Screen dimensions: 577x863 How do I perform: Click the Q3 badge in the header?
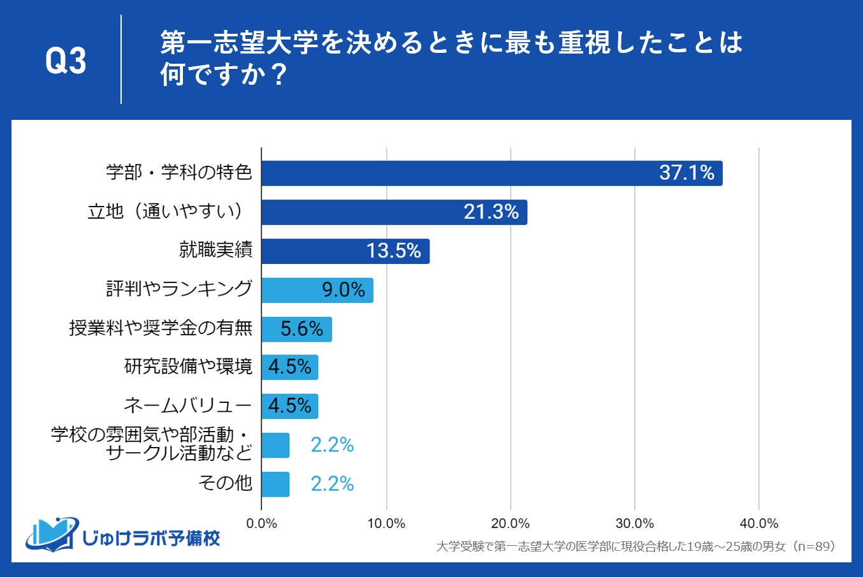(66, 61)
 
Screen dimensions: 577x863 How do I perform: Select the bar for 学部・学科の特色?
(491, 173)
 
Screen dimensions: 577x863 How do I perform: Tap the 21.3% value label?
(491, 212)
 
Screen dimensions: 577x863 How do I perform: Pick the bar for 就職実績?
(345, 251)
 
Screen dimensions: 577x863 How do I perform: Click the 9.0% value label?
(343, 290)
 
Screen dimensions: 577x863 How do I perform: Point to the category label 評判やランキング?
(179, 289)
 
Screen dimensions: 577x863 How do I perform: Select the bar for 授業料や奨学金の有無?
(296, 329)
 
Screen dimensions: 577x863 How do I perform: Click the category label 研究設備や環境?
(188, 367)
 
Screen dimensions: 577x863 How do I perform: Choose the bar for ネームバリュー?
(289, 406)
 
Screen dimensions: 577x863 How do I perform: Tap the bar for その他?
(275, 484)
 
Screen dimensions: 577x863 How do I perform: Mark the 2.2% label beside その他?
(332, 484)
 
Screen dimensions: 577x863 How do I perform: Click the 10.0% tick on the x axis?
(386, 523)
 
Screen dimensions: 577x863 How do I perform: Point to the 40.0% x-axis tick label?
(758, 523)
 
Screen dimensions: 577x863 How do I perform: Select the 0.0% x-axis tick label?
(261, 523)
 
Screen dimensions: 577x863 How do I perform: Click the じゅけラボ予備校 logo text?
(151, 538)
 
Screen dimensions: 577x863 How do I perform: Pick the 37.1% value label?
(686, 173)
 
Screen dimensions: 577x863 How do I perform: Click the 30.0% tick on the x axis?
(635, 523)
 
